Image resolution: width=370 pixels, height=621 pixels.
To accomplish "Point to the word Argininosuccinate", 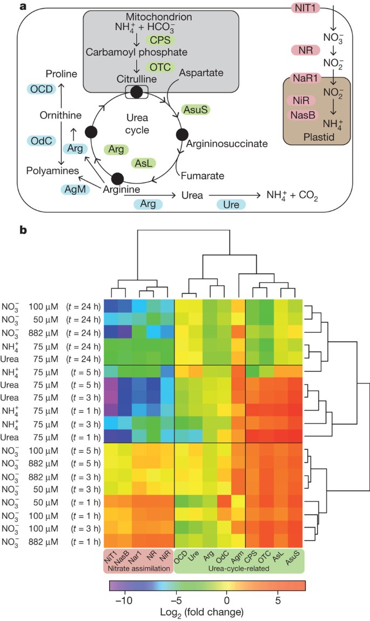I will [x=227, y=144].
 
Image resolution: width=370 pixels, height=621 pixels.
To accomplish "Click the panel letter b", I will [x=23, y=230].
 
